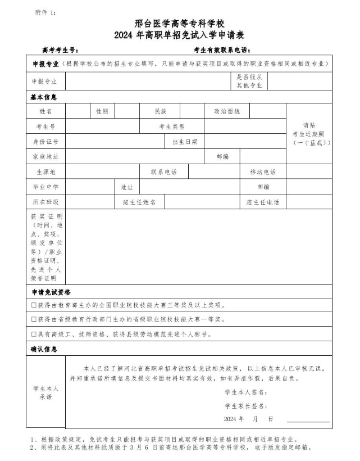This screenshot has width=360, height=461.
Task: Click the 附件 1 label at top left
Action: (x=45, y=12)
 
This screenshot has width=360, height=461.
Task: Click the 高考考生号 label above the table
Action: (x=61, y=50)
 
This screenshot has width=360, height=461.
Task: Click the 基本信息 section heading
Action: (x=43, y=97)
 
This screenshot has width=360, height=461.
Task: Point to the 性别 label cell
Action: (x=102, y=111)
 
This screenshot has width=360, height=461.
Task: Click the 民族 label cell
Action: (x=161, y=111)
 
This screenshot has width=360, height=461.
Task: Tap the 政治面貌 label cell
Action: (x=227, y=111)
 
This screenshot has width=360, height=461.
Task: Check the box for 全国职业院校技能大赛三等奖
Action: (x=34, y=305)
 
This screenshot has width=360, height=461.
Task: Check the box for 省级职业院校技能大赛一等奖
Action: (x=34, y=320)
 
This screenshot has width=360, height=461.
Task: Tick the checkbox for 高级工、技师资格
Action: (x=34, y=335)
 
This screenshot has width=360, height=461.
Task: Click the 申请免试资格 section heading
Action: (x=50, y=292)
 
